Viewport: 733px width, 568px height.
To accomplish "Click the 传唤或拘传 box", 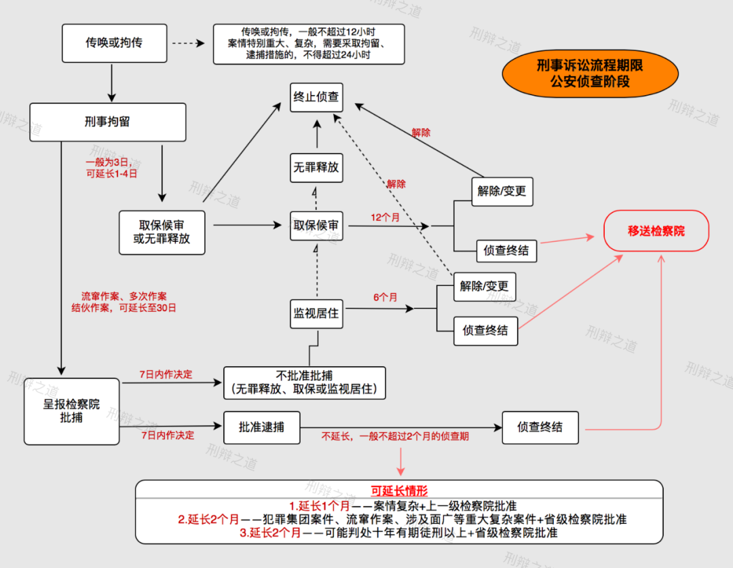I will (x=114, y=43).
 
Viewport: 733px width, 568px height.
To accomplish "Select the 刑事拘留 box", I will (x=107, y=122).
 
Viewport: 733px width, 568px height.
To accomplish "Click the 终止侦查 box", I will (x=316, y=97).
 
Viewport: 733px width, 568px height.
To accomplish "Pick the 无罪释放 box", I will (x=316, y=166).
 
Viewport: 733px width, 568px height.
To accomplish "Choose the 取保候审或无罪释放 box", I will (x=162, y=231).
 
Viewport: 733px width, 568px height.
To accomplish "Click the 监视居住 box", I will (x=316, y=314).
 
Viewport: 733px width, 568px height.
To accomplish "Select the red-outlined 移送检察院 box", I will (x=656, y=231).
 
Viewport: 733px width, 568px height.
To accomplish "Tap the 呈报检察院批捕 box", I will (x=71, y=411).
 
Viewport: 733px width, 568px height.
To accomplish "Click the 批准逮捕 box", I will (x=261, y=427).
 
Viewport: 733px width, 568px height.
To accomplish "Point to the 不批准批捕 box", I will (x=304, y=383).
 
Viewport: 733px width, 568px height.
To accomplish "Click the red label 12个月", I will (x=385, y=218).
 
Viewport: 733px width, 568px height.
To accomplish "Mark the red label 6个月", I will (x=385, y=298).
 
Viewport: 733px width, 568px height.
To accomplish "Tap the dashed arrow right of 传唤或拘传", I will (x=187, y=43).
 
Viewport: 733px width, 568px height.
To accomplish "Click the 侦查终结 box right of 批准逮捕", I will (x=540, y=427).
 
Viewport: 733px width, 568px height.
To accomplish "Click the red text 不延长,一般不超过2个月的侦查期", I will (x=394, y=436).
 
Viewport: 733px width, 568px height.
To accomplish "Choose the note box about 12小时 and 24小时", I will (x=309, y=44).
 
